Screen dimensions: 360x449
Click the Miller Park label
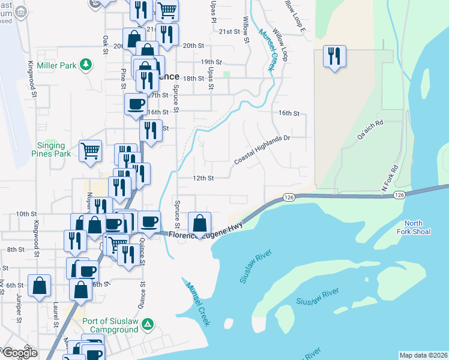[x=57, y=65]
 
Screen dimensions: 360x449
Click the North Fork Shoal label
[x=414, y=227]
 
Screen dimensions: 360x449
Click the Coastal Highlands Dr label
[x=262, y=150]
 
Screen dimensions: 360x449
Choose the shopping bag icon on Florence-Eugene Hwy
[x=199, y=223]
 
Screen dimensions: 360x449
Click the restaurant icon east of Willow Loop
[x=333, y=56]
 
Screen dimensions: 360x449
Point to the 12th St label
[x=203, y=178]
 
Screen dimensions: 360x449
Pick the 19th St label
[x=211, y=62]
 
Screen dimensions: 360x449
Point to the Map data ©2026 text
[x=423, y=355]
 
